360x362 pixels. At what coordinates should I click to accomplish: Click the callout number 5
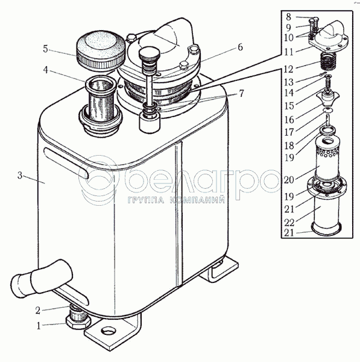tap(45, 49)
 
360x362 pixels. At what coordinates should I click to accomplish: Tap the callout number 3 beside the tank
tap(20, 176)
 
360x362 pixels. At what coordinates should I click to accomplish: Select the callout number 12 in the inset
tap(288, 69)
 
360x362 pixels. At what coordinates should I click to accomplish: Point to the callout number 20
tap(289, 180)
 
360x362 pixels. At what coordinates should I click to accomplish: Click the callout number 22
tap(289, 223)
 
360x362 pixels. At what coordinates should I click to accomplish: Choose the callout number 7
tap(241, 94)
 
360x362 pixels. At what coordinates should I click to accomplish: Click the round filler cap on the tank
tap(101, 50)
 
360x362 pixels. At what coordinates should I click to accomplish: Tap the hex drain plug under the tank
tap(78, 322)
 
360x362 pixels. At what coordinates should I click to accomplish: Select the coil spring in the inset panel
tap(327, 62)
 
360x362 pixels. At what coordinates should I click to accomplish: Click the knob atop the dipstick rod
tap(149, 54)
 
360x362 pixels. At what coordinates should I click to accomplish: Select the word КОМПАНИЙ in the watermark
tap(197, 200)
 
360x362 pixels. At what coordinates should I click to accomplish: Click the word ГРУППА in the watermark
tap(146, 200)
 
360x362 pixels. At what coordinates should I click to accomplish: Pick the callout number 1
tap(39, 326)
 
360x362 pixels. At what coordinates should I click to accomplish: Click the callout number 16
tap(289, 119)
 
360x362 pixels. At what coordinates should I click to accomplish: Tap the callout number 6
tap(240, 47)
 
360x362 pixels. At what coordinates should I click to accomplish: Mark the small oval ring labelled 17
tap(328, 110)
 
